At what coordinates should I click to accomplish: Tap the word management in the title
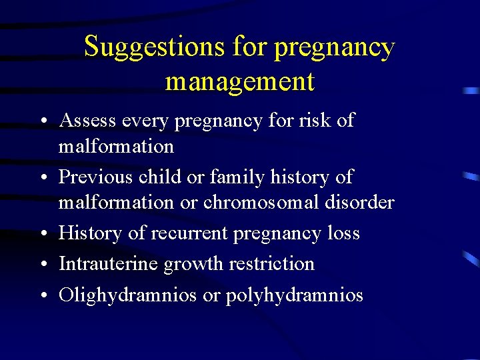(239, 81)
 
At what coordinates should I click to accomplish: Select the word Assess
(87, 121)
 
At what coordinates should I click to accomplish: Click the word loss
(343, 233)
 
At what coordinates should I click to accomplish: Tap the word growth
(192, 265)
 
